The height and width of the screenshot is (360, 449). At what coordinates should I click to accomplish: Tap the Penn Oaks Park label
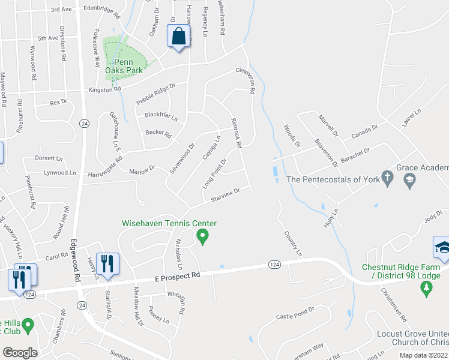(124, 65)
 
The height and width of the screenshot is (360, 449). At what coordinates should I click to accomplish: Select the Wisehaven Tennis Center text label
(169, 223)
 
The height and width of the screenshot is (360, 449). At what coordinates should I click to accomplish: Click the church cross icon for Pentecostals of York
(388, 178)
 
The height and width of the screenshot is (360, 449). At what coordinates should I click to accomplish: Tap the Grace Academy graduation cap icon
(410, 179)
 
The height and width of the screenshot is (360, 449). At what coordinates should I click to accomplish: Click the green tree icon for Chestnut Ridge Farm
(427, 289)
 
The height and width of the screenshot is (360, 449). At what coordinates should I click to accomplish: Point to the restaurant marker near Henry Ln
(107, 263)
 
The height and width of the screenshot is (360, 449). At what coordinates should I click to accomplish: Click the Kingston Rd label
(104, 89)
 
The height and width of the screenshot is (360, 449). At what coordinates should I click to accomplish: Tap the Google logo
(20, 353)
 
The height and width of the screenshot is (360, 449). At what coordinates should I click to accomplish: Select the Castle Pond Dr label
(295, 315)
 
